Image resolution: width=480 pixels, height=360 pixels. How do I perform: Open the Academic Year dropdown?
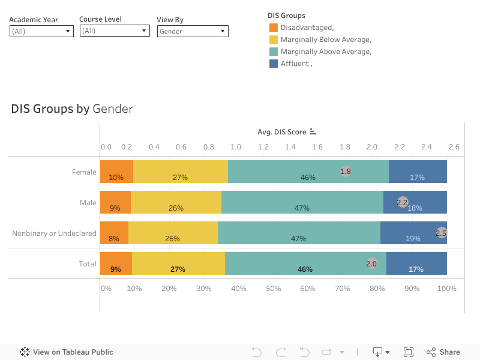(41, 31)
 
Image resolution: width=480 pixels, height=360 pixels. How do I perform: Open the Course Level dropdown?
(114, 31)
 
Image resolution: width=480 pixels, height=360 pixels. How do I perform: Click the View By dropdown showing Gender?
(193, 31)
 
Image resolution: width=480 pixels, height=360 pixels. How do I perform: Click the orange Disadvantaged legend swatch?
(274, 28)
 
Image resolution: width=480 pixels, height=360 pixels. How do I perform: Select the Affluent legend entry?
(295, 64)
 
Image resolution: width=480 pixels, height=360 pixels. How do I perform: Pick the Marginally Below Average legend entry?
(326, 40)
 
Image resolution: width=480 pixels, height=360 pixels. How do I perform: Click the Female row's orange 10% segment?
(116, 172)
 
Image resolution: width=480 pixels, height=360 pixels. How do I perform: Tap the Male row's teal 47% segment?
(302, 202)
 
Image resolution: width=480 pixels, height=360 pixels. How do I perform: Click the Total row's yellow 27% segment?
(178, 263)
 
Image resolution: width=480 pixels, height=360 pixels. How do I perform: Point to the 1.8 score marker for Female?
(346, 171)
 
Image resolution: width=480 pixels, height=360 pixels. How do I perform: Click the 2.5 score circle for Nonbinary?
(442, 233)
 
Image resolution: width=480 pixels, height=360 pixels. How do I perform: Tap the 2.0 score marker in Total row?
(372, 263)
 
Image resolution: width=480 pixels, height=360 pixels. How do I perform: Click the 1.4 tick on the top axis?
(290, 146)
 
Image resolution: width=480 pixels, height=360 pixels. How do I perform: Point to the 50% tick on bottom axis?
(274, 289)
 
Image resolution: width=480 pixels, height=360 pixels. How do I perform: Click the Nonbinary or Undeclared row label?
(54, 233)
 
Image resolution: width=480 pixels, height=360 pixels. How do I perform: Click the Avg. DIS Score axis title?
(282, 132)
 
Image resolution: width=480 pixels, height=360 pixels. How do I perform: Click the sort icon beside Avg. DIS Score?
(313, 132)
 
